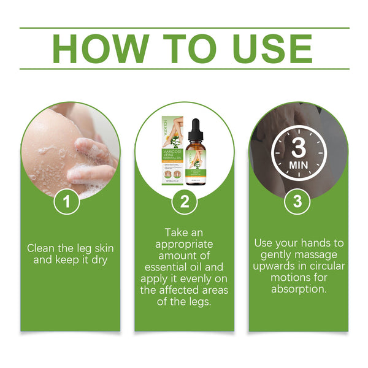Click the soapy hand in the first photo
pyautogui.click(x=92, y=163)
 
